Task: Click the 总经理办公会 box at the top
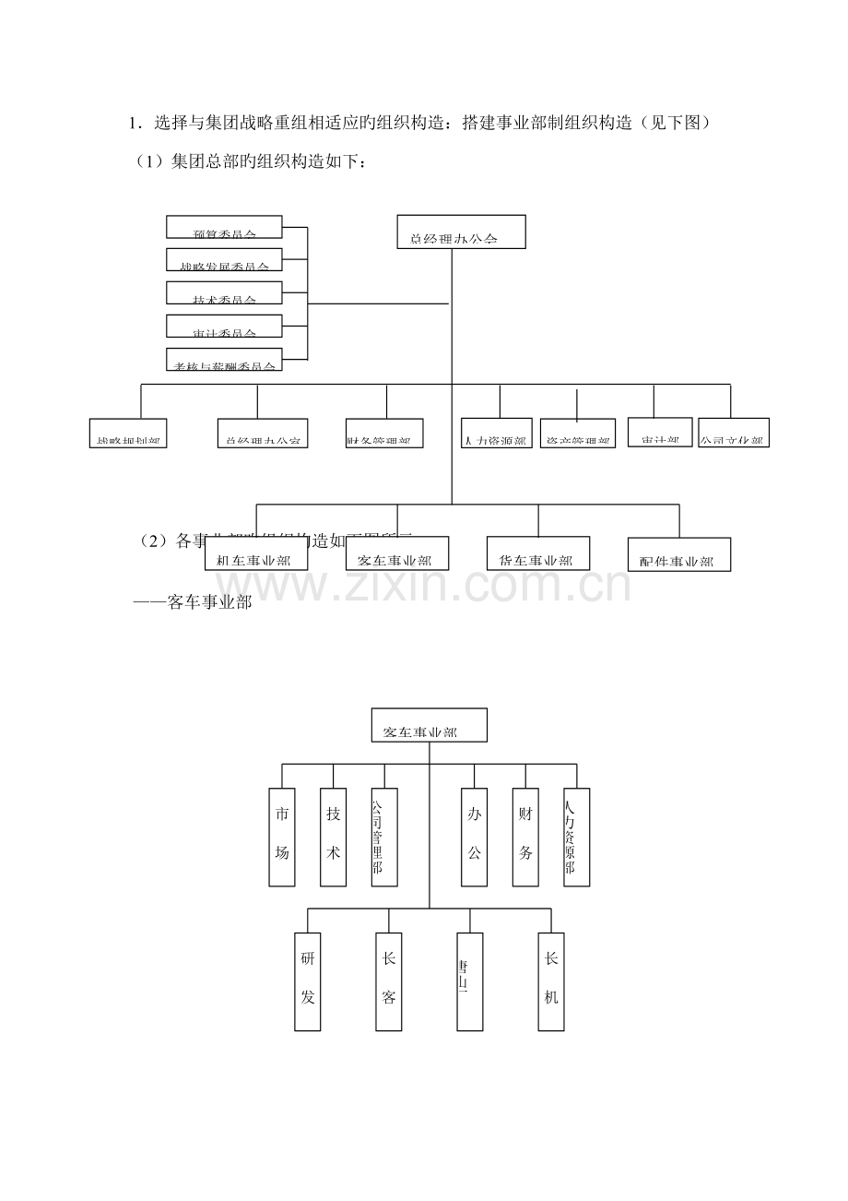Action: point(461,232)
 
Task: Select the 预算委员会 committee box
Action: point(224,226)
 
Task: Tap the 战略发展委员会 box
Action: point(224,259)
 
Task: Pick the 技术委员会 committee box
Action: point(224,292)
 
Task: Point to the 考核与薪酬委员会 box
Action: point(224,360)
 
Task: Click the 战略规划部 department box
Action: point(128,434)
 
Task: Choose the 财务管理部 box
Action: point(384,434)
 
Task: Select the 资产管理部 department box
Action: point(576,434)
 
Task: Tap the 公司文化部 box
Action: point(733,433)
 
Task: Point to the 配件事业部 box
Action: point(678,554)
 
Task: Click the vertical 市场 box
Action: point(282,837)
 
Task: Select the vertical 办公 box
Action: point(474,837)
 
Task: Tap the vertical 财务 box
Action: point(525,837)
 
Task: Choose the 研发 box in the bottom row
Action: point(308,981)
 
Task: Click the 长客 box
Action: point(389,981)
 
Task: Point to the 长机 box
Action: point(551,981)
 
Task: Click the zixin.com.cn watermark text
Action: point(424,583)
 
